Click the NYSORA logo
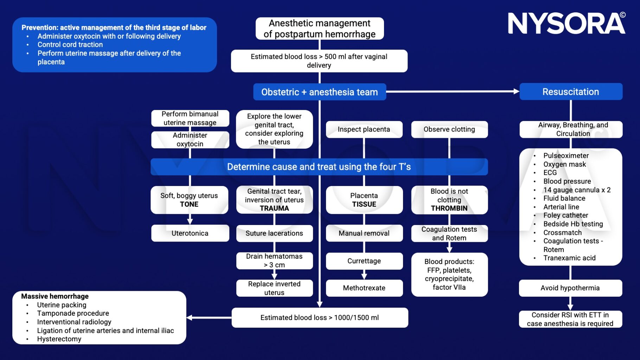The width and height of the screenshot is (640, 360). pos(567,23)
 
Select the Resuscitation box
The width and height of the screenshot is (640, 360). pos(571,92)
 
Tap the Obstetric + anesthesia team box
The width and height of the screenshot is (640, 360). pos(320,92)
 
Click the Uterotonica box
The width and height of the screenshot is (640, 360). pos(190,233)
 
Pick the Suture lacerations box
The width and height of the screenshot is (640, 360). pos(274,233)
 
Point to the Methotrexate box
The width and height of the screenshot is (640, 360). pos(364,288)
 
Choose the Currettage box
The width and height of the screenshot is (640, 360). pos(364,261)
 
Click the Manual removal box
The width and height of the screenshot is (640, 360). pos(364,233)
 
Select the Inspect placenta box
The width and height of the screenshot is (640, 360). pos(364,129)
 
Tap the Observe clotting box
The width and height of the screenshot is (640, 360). pos(449,129)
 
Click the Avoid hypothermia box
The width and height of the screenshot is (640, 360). pos(570,288)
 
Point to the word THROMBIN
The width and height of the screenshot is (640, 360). pos(449,208)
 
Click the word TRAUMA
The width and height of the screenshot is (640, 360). pos(274,208)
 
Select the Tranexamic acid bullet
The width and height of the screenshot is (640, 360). pos(569,258)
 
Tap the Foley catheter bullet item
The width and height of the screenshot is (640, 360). pos(565,215)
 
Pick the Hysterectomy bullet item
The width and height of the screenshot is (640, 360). pos(59,339)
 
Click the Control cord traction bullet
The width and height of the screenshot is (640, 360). pos(70,45)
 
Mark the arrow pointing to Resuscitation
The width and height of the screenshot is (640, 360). pos(453,91)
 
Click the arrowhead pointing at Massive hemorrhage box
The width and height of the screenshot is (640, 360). pos(190,317)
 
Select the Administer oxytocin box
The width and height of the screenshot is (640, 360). pos(190,140)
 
